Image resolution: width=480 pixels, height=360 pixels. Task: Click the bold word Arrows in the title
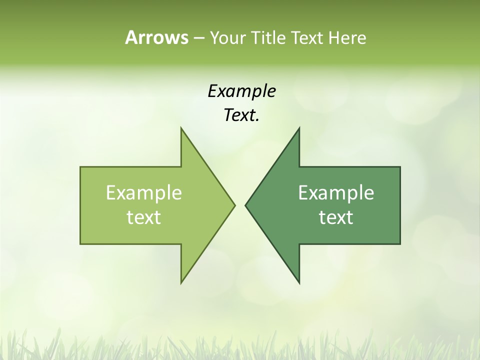pyautogui.click(x=156, y=37)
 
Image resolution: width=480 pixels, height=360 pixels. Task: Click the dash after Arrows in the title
pyautogui.click(x=198, y=38)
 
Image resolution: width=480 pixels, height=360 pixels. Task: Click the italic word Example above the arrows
pyautogui.click(x=241, y=91)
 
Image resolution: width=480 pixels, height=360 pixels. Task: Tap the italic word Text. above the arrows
pyautogui.click(x=241, y=115)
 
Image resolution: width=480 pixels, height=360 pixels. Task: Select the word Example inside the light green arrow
pyautogui.click(x=144, y=192)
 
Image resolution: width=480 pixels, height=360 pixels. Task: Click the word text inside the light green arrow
pyautogui.click(x=144, y=217)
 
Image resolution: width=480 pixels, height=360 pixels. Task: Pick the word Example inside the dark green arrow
pyautogui.click(x=336, y=192)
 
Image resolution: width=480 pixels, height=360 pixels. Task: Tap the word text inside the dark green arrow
pyautogui.click(x=336, y=217)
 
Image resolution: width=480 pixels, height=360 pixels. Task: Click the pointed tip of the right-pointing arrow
pyautogui.click(x=235, y=205)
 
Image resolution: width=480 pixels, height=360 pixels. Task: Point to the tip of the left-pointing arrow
pyautogui.click(x=245, y=205)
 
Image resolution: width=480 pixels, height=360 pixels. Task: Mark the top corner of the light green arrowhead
pyautogui.click(x=181, y=127)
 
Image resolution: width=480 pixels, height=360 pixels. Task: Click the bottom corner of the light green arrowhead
pyautogui.click(x=181, y=283)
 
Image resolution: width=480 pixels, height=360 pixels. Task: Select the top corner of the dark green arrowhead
pyautogui.click(x=299, y=127)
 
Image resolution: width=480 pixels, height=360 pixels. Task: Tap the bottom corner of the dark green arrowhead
pyautogui.click(x=299, y=283)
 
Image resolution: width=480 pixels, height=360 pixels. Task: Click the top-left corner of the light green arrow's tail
pyautogui.click(x=80, y=167)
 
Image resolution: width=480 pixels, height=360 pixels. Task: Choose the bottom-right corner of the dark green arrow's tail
pyautogui.click(x=400, y=244)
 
